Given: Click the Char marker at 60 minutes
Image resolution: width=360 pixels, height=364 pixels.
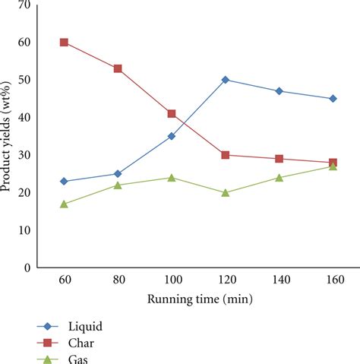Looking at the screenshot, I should click(64, 43).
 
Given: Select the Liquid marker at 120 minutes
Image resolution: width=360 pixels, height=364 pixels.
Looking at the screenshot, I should click(226, 80).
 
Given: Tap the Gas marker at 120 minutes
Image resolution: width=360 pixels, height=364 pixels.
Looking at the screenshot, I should click(226, 192).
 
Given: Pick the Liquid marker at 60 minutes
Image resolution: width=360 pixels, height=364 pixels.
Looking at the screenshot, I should click(64, 182).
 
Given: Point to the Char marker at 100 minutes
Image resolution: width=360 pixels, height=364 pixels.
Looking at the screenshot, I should click(172, 114).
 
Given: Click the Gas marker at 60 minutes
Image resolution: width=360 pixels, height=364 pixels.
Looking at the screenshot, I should click(64, 204).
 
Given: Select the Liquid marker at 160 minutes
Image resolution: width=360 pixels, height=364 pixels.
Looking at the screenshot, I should click(333, 99).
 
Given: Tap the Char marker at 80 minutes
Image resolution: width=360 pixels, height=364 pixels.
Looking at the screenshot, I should click(118, 68).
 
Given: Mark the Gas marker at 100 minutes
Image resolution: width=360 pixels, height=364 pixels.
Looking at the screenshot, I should click(172, 178).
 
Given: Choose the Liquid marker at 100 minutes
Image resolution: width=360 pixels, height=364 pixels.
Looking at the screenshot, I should click(172, 136).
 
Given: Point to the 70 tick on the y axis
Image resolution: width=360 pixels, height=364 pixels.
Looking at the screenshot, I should click(25, 5).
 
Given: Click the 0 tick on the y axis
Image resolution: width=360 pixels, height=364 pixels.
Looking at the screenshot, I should click(27, 268).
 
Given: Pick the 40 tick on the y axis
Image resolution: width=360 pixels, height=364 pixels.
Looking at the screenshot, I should click(25, 118).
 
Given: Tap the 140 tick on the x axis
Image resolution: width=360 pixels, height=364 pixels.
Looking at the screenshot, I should click(279, 280).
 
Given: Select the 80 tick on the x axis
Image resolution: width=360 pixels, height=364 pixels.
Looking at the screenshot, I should click(118, 280).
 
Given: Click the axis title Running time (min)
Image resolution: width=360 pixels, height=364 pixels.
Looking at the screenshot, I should click(198, 298).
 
